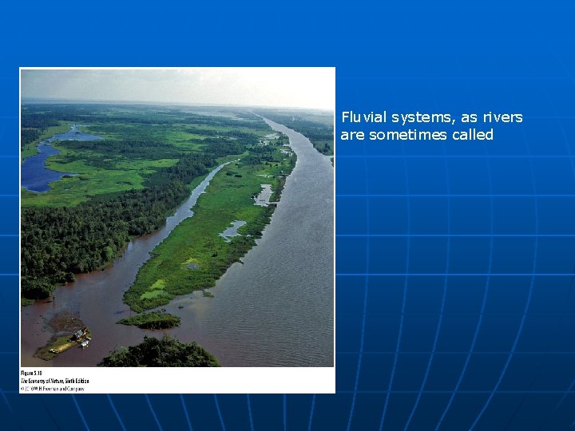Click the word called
point(473,135)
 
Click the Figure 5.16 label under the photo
point(33,373)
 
